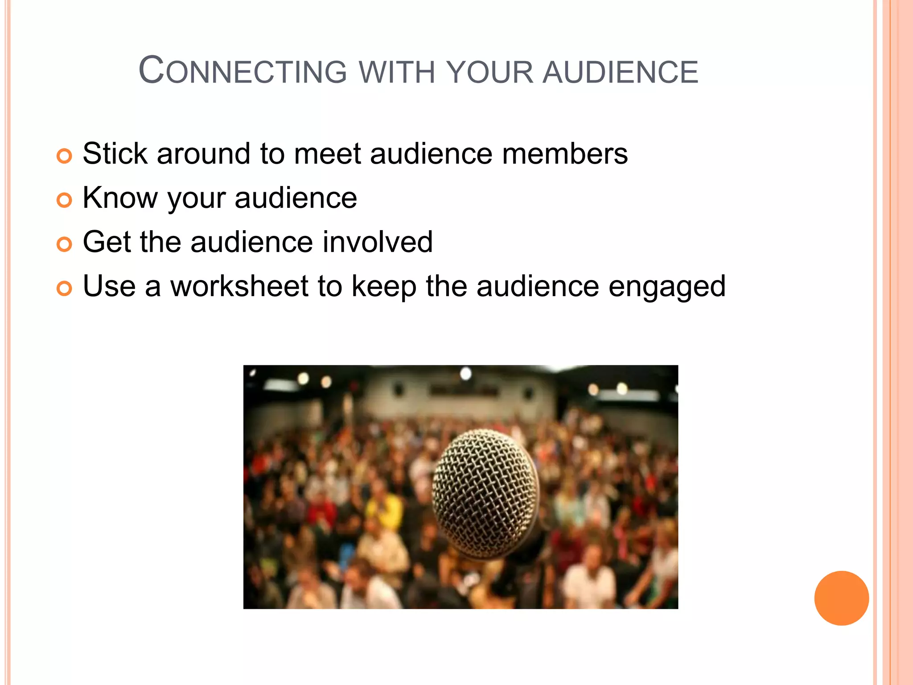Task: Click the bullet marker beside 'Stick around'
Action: tap(64, 156)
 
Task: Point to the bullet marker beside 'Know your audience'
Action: tap(64, 200)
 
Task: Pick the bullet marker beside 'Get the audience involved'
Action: tap(64, 244)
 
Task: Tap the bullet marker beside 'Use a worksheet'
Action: tap(64, 289)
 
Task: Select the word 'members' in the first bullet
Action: tap(565, 154)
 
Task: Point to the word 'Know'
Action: tap(120, 198)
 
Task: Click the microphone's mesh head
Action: tap(485, 493)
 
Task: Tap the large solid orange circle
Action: tap(841, 598)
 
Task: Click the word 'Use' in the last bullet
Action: tap(109, 286)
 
